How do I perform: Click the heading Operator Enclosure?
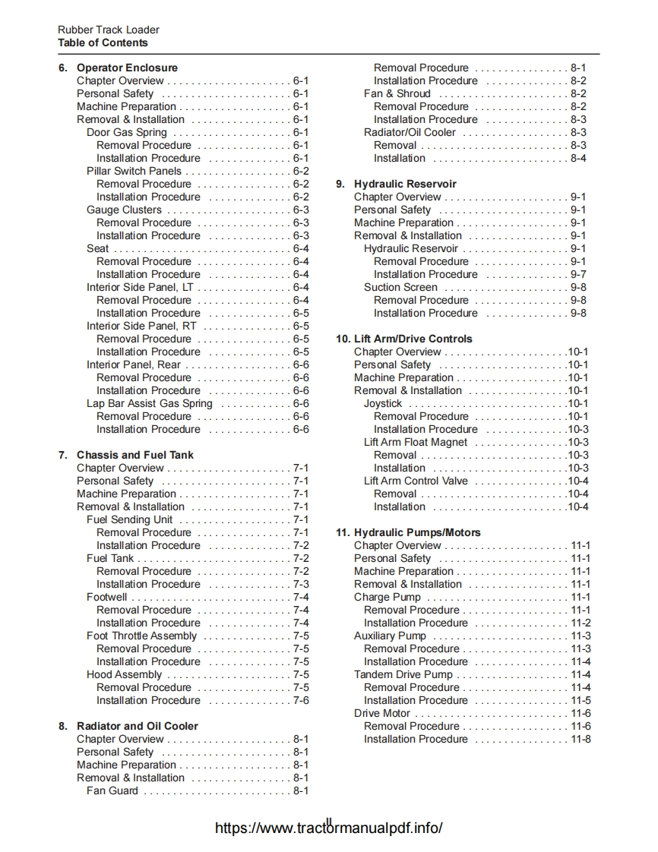pos(127,68)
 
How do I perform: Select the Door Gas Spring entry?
pos(126,132)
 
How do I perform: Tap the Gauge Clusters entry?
pos(124,210)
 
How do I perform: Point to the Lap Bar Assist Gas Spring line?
pos(149,403)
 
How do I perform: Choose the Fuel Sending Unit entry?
pos(129,519)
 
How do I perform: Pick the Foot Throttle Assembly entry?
pos(141,636)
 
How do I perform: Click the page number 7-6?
pos(301,700)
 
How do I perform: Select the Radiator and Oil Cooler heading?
pos(137,726)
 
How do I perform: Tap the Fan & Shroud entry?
pos(397,93)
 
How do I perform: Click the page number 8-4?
pos(578,158)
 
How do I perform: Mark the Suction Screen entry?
pos(400,287)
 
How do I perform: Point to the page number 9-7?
pos(578,274)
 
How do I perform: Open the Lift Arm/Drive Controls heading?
pos(413,339)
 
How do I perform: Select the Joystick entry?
pos(383,403)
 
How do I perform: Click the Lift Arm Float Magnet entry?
pos(416,442)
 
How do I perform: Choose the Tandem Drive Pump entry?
pos(403,674)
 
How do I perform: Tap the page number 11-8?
pos(580,739)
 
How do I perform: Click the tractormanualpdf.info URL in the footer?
pos(328,828)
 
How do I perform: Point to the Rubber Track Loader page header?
pos(109,30)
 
